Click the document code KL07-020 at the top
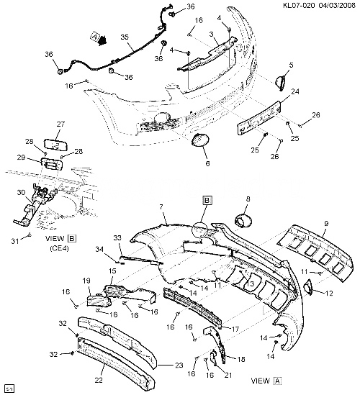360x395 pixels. click(x=299, y=5)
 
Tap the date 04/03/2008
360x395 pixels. click(x=337, y=5)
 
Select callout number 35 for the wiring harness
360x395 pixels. click(x=125, y=37)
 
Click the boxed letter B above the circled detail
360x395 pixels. click(x=207, y=200)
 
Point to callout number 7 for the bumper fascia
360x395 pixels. click(x=161, y=207)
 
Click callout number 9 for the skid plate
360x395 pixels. click(x=326, y=224)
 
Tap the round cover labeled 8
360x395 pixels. click(x=243, y=220)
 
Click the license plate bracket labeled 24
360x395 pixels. click(x=259, y=117)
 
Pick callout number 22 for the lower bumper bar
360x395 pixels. click(x=99, y=380)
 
